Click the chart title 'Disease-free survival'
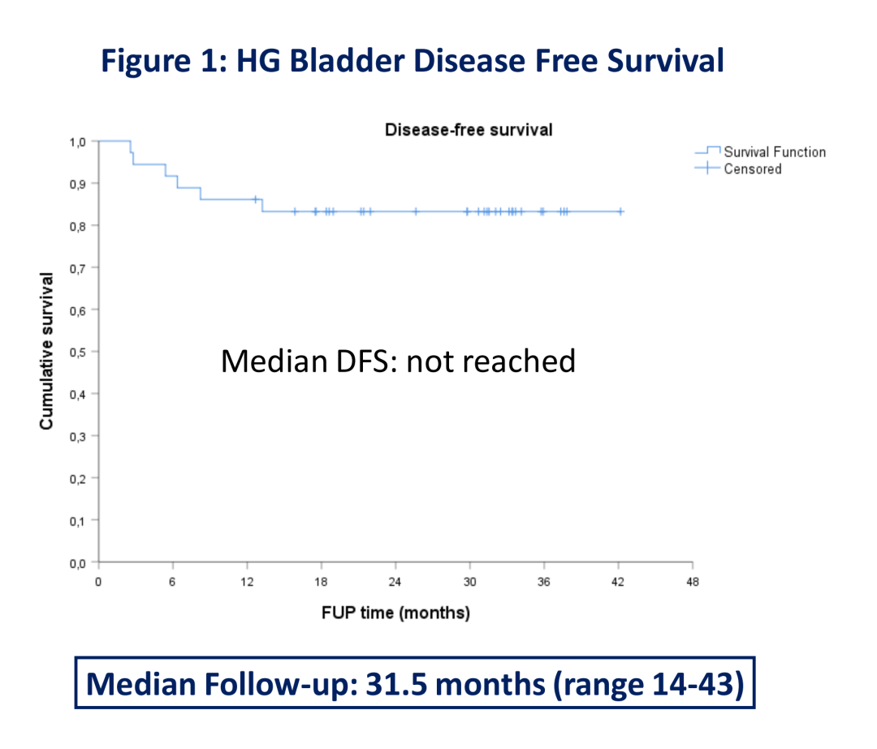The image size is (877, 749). click(468, 130)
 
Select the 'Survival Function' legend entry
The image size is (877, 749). click(774, 152)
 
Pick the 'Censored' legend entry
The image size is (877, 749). click(752, 169)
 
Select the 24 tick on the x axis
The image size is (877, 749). click(395, 582)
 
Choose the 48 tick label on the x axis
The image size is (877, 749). click(692, 582)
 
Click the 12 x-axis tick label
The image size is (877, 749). click(246, 582)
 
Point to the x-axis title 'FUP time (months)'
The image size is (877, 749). click(395, 613)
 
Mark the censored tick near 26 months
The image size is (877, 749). click(416, 211)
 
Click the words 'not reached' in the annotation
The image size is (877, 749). click(490, 361)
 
